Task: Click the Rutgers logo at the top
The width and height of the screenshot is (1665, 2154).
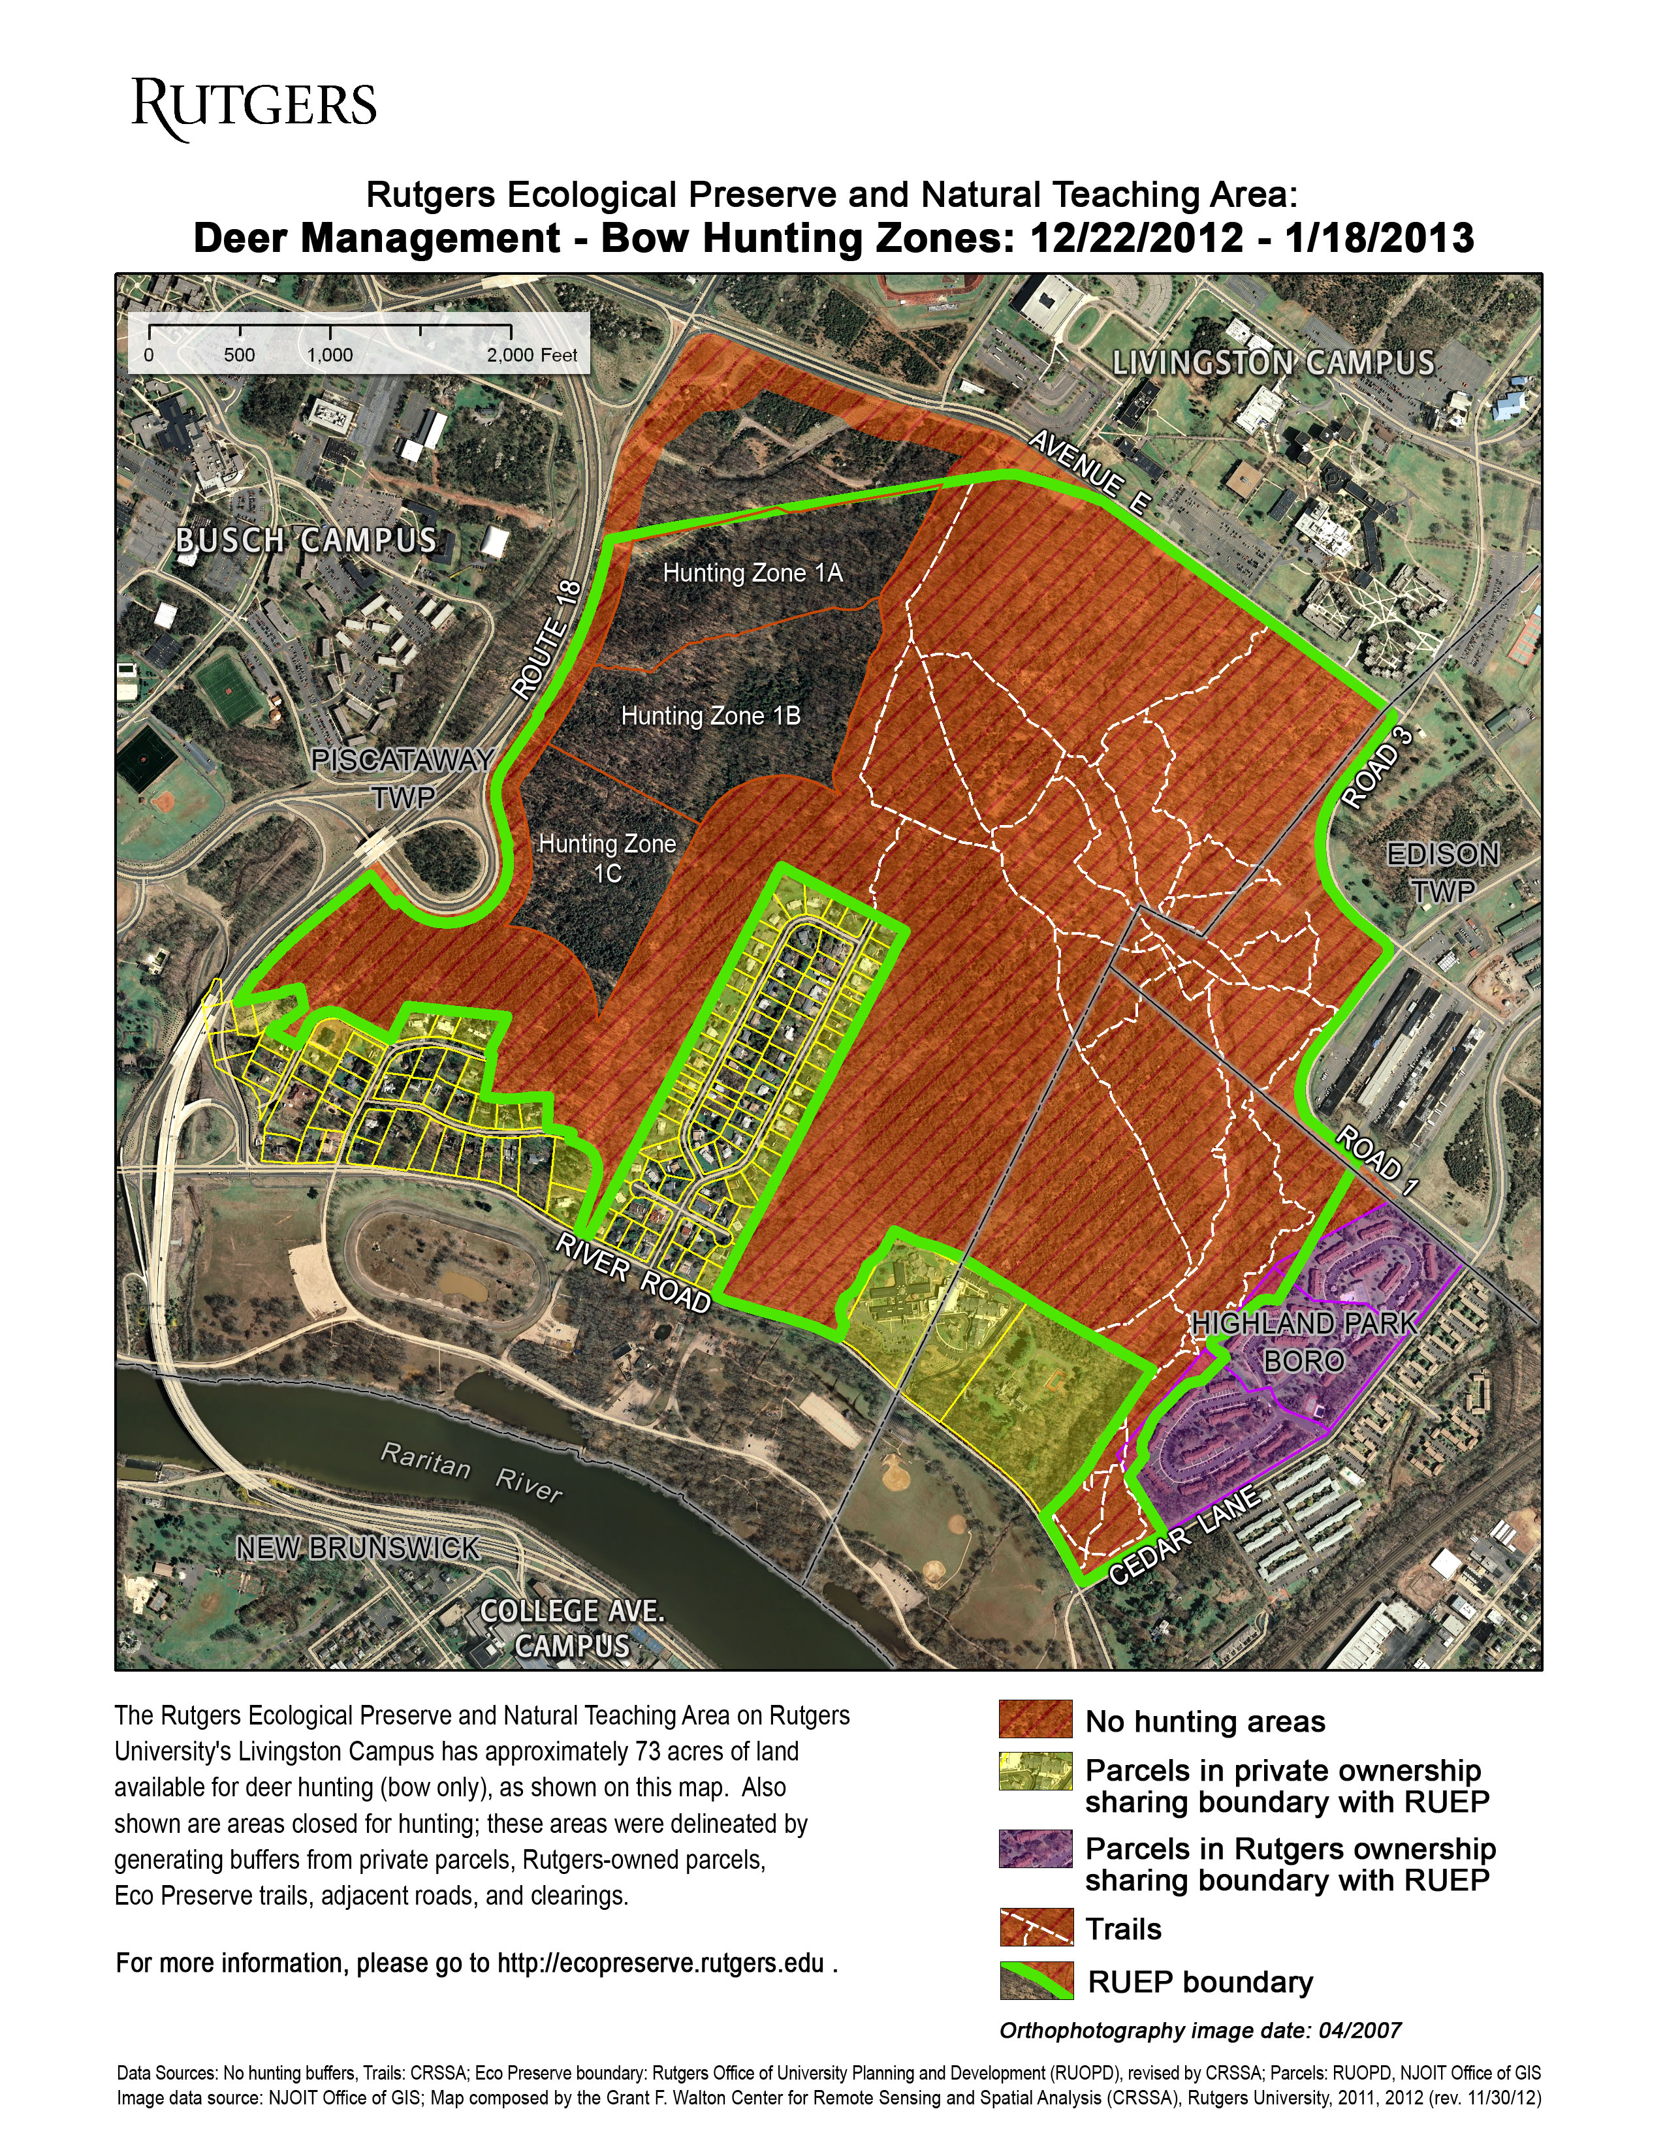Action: [x=255, y=108]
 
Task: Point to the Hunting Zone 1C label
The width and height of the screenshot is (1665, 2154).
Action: [x=607, y=858]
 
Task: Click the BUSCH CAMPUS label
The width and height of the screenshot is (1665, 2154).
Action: [x=306, y=540]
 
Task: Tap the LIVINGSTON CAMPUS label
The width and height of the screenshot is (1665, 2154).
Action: [x=1273, y=363]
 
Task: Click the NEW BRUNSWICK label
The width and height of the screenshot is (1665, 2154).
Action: [x=358, y=1548]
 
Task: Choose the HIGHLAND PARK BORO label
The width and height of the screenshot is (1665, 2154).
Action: [x=1304, y=1342]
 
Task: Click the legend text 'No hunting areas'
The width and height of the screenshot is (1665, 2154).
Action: [x=1205, y=1721]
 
